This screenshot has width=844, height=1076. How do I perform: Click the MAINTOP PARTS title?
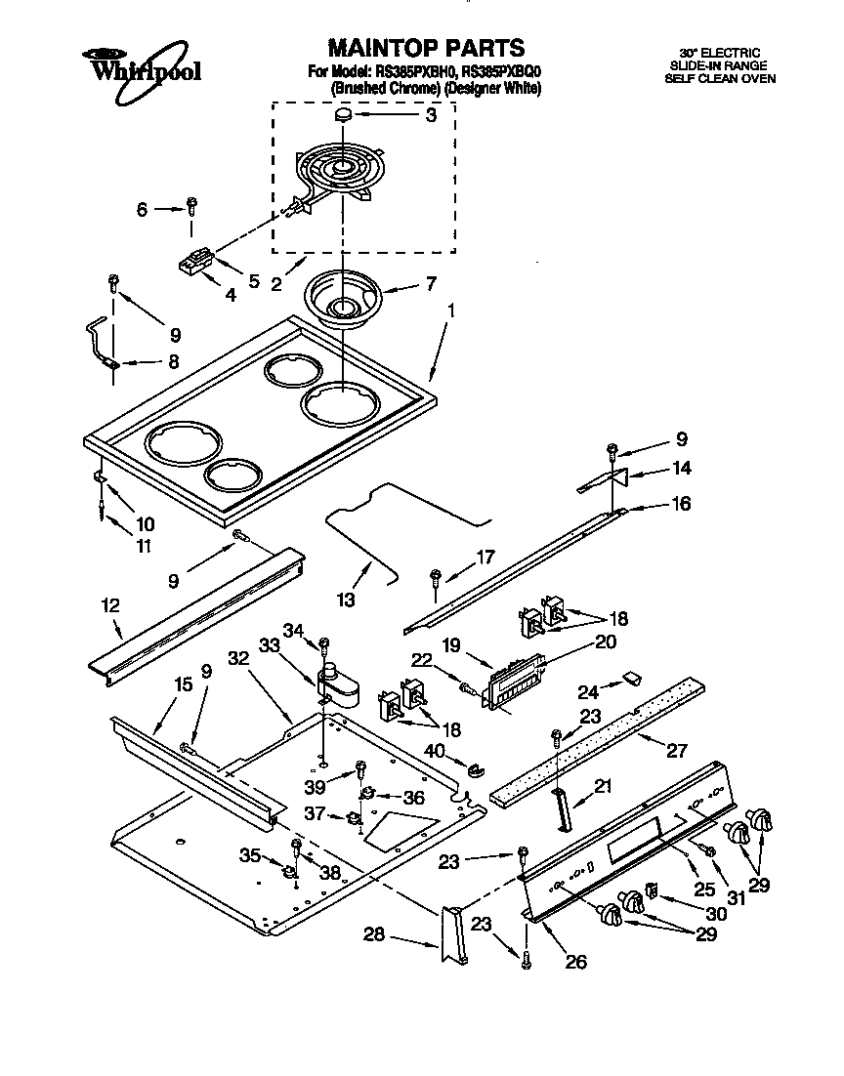tap(426, 47)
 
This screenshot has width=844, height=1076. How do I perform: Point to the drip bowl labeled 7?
tap(341, 297)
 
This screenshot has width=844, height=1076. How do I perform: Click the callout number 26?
tap(575, 962)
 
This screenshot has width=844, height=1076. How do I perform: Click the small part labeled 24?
tap(631, 676)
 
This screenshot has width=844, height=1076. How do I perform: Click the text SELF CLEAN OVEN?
tap(720, 78)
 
